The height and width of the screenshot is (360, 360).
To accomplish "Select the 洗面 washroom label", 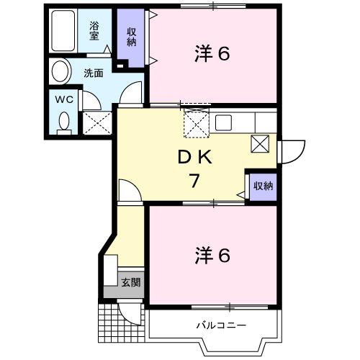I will click(x=93, y=73).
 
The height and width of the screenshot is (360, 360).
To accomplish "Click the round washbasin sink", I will click(x=60, y=71).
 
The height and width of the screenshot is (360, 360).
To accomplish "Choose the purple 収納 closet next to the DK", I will click(x=262, y=186).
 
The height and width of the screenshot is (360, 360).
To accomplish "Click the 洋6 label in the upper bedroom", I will click(x=213, y=54).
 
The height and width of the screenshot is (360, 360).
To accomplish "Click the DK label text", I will click(x=194, y=157).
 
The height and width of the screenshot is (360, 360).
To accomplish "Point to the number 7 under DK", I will click(x=194, y=181).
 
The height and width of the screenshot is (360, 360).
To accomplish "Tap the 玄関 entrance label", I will click(x=130, y=282).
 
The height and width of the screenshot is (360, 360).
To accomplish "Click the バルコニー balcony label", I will click(x=222, y=325).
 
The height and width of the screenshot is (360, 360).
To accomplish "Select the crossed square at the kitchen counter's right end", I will click(x=260, y=143).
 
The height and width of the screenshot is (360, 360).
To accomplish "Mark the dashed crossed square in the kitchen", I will click(x=194, y=123).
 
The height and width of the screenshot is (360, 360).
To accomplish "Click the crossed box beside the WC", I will click(x=96, y=122).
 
